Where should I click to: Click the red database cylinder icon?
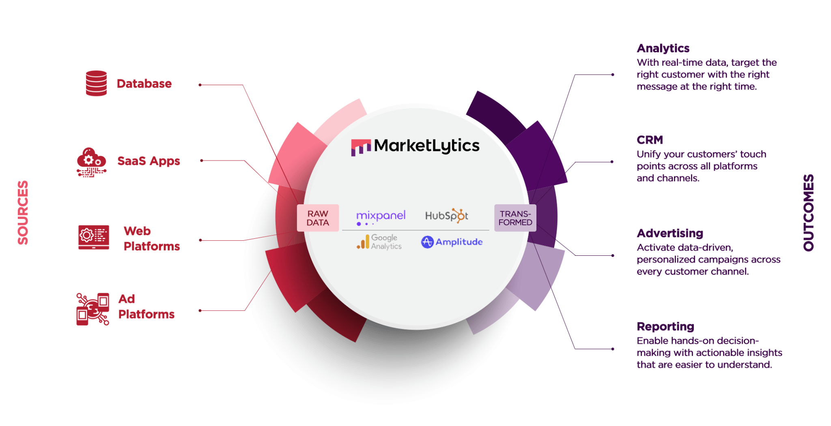coord(96,83)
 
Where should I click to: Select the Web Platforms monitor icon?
coord(94,237)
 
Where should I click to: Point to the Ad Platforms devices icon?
coord(93,309)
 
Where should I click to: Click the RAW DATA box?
coord(318,218)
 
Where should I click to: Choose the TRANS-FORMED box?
coord(515,218)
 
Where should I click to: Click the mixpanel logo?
coord(381,217)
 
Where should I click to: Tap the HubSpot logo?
coord(446,216)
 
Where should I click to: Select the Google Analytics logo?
coord(379,242)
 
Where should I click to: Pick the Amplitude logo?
coord(452,242)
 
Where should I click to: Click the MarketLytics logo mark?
coord(361,148)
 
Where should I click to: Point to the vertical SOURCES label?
coord(23,212)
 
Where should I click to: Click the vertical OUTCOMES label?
coord(808,213)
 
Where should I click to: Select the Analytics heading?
coord(663,48)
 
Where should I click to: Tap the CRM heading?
coord(650,140)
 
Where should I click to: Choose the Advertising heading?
coord(670,233)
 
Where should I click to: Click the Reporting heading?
coord(665,327)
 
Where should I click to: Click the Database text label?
coord(144,83)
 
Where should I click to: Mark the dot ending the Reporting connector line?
coord(613,349)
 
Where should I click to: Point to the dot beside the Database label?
coord(200,85)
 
